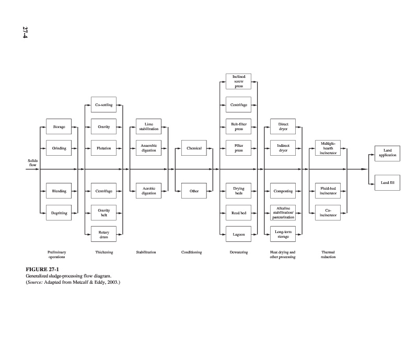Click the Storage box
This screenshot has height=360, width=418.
click(59, 126)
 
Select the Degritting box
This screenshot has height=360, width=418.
click(59, 213)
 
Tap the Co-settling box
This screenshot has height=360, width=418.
click(103, 105)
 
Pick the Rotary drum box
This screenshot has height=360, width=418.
click(103, 235)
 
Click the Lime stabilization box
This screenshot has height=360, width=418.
click(149, 126)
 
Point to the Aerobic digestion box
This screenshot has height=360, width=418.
click(149, 191)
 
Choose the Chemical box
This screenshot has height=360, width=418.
click(194, 148)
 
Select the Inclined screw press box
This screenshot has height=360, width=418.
click(239, 82)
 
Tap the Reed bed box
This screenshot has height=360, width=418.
click(239, 213)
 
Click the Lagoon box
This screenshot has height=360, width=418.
click(239, 235)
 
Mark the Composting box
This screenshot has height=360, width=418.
click(283, 191)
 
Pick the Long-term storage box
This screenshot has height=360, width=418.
click(283, 235)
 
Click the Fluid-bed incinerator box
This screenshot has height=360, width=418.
click(328, 191)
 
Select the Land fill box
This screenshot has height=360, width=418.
click(387, 182)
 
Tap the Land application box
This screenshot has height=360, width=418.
click(387, 154)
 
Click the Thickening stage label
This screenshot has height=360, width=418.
click(104, 252)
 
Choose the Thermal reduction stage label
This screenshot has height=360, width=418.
click(328, 254)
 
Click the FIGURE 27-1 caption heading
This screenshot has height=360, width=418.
click(39, 270)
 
